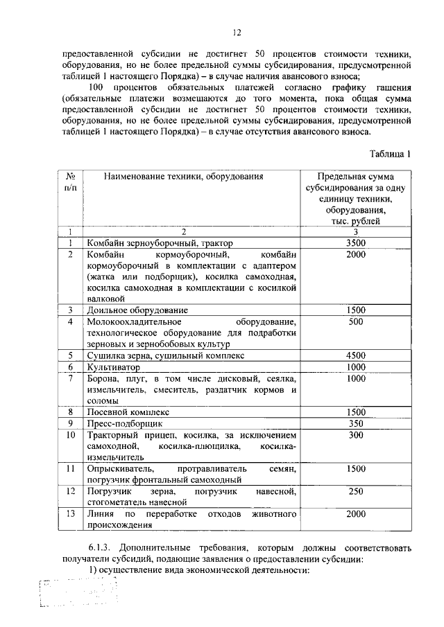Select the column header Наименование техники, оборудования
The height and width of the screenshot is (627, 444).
coord(184,177)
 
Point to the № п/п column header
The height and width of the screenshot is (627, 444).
coord(70,182)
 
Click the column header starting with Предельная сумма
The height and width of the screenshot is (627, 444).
coord(356,198)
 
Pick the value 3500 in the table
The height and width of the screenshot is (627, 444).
coord(356,243)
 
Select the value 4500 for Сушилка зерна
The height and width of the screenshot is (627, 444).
coord(356,355)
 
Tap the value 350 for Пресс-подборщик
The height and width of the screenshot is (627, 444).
coord(356,423)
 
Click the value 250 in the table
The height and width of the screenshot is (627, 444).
coord(356,491)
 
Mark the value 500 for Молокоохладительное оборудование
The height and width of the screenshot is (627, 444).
coord(356,322)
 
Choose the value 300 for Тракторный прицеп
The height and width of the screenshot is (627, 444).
coord(356,435)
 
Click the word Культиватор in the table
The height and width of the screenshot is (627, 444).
coord(114,367)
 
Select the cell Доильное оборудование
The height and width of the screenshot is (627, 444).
coord(137,310)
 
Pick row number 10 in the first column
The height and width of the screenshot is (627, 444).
coord(70,435)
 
